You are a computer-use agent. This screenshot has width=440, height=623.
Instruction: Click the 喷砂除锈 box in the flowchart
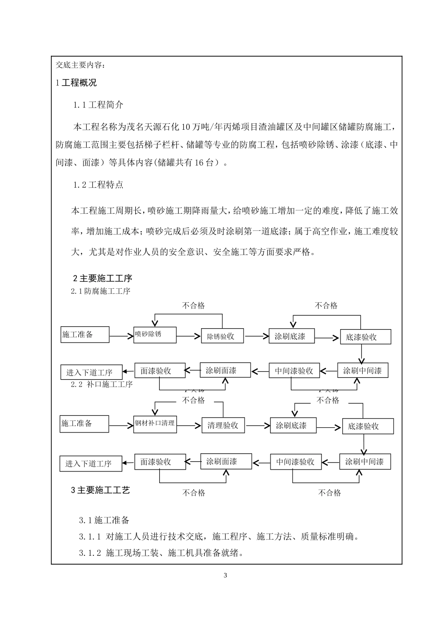pyautogui.click(x=155, y=335)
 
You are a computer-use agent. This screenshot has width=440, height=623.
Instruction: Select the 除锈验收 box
pyautogui.click(x=222, y=337)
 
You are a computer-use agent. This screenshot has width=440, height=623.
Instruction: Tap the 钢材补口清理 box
pyautogui.click(x=155, y=424)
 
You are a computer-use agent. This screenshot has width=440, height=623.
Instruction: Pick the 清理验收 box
pyautogui.click(x=223, y=426)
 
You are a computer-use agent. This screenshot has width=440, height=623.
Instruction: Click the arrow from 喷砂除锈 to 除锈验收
pyautogui.click(x=189, y=336)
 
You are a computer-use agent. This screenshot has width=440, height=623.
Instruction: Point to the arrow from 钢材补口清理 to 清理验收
pyautogui.click(x=189, y=425)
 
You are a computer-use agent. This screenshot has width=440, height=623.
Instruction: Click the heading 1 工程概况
pyautogui.click(x=76, y=83)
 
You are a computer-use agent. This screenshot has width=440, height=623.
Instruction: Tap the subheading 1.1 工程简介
pyautogui.click(x=98, y=105)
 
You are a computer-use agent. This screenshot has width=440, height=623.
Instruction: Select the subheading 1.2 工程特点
pyautogui.click(x=98, y=185)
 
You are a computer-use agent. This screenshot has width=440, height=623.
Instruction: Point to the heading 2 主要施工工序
pyautogui.click(x=103, y=279)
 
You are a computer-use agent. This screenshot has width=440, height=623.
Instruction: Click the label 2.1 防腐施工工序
pyautogui.click(x=101, y=292)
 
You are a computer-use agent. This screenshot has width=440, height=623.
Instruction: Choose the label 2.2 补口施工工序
pyautogui.click(x=102, y=384)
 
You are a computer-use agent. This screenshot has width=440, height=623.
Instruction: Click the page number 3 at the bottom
pyautogui.click(x=226, y=576)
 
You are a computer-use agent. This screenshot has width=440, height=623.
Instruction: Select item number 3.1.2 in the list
pyautogui.click(x=90, y=553)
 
